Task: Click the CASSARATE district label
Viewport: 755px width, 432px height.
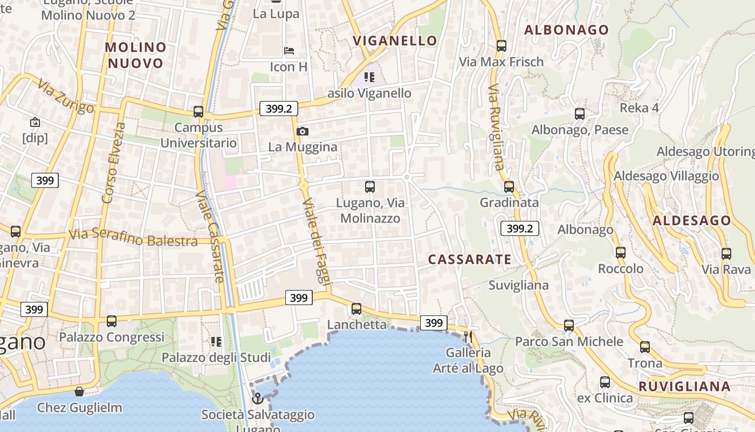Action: pyautogui.click(x=470, y=260)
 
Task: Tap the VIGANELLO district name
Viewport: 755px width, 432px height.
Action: pyautogui.click(x=395, y=40)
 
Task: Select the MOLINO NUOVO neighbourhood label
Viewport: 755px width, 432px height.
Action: pyautogui.click(x=135, y=55)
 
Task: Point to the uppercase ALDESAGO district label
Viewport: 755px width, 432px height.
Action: pyautogui.click(x=692, y=220)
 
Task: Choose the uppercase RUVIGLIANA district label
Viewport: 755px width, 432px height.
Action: pyautogui.click(x=684, y=387)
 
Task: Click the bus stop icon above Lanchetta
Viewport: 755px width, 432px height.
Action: pyautogui.click(x=356, y=309)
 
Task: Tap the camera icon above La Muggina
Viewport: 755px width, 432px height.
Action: pyautogui.click(x=303, y=131)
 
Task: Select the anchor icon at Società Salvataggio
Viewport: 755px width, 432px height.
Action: pyautogui.click(x=258, y=399)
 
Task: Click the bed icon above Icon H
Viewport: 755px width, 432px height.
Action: pyautogui.click(x=290, y=51)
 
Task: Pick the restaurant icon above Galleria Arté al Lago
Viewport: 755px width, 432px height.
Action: pyautogui.click(x=468, y=336)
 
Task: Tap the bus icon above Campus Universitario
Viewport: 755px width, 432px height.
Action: pyautogui.click(x=198, y=112)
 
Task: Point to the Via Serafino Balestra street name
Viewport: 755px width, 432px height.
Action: pyautogui.click(x=133, y=238)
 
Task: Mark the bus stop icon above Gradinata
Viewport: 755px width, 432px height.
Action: pyautogui.click(x=509, y=187)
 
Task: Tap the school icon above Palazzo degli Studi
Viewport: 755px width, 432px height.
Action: pyautogui.click(x=216, y=341)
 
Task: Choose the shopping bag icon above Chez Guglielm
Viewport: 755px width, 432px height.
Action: pyautogui.click(x=79, y=391)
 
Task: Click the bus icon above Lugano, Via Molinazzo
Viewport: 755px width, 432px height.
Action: pyautogui.click(x=370, y=187)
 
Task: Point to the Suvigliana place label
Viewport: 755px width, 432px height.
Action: pyautogui.click(x=518, y=285)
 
